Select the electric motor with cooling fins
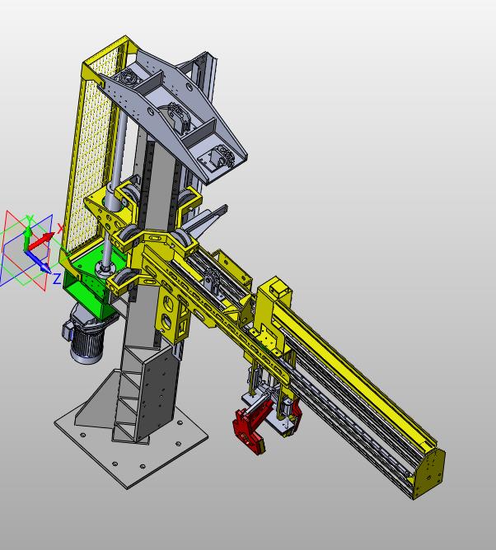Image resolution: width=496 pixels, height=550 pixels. pos(87,338)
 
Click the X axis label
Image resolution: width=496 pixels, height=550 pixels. pos(60,228)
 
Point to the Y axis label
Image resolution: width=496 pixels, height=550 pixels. pos(30,219)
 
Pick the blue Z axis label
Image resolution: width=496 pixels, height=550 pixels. pos(57,278)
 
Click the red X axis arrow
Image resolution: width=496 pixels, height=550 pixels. pos(40,240)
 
